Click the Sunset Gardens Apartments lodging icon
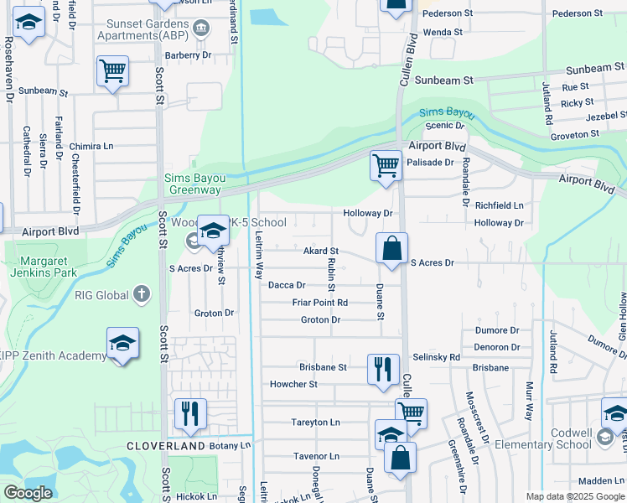[x=200, y=30]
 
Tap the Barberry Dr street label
[x=189, y=54]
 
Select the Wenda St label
[x=443, y=32]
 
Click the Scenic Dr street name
[x=445, y=126]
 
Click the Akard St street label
[x=320, y=251]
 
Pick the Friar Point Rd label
[x=319, y=303]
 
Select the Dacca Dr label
[x=286, y=285]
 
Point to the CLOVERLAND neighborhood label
[x=166, y=447]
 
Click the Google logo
[x=28, y=493]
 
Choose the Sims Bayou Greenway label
[x=195, y=183]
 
